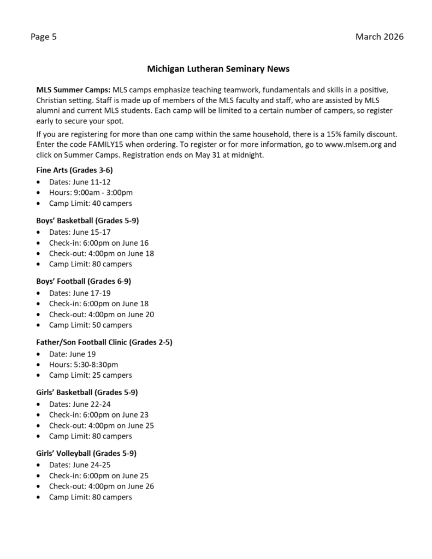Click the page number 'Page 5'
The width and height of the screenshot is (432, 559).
(x=43, y=37)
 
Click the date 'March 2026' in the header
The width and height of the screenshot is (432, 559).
(x=379, y=37)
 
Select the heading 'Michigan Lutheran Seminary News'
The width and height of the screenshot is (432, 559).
(x=218, y=69)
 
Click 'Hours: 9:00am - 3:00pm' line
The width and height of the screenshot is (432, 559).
(x=91, y=192)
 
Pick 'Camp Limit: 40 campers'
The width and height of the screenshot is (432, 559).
(x=90, y=203)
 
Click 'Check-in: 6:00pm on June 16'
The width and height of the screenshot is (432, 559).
(x=98, y=242)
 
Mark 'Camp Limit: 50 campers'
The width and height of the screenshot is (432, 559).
(x=90, y=325)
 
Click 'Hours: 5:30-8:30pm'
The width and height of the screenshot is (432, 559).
(x=83, y=364)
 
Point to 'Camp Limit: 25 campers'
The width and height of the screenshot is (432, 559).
(x=90, y=375)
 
